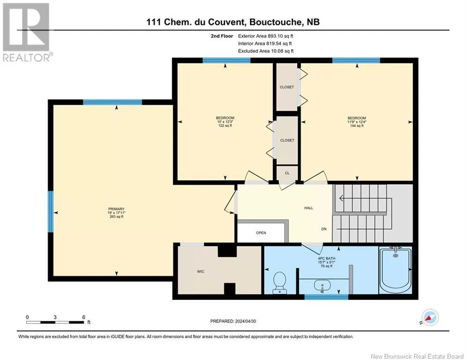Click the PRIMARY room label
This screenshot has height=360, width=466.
pyautogui.click(x=116, y=209)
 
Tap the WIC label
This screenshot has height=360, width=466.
pyautogui.click(x=200, y=271)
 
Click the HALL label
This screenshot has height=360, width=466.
pyautogui.click(x=309, y=208)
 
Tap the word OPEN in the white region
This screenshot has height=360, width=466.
pyautogui.click(x=261, y=232)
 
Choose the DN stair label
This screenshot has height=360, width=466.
pyautogui.click(x=324, y=229)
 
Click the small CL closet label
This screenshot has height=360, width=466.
pyautogui.click(x=287, y=173)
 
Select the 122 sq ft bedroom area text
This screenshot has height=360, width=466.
pyautogui.click(x=225, y=126)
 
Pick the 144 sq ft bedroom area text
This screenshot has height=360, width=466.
pyautogui.click(x=356, y=126)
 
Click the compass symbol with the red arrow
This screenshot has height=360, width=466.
pyautogui.click(x=430, y=318)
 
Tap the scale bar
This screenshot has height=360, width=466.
pyautogui.click(x=55, y=322)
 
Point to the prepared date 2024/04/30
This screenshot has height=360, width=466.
pyautogui.click(x=245, y=321)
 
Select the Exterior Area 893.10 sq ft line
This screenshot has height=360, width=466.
pyautogui.click(x=266, y=36)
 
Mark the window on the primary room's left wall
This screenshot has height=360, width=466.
pyautogui.click(x=51, y=211)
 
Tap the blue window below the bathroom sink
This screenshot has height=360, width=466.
pyautogui.click(x=326, y=297)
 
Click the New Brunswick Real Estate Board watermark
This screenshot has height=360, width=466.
pyautogui.click(x=417, y=356)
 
